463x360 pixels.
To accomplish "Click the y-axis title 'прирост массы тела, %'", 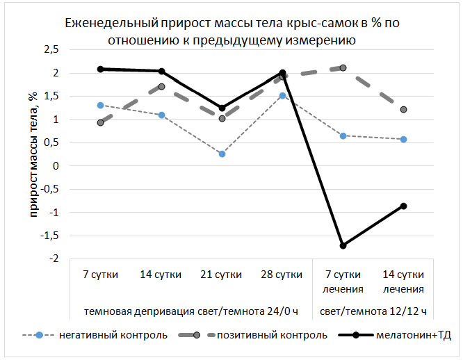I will pyautogui.click(x=32, y=154).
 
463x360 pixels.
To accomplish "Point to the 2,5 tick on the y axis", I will pyautogui.click(x=51, y=50).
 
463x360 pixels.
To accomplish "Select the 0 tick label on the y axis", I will pyautogui.click(x=56, y=166).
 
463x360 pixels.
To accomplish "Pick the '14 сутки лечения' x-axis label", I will pyautogui.click(x=403, y=281).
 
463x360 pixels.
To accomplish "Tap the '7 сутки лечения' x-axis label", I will pyautogui.click(x=343, y=281).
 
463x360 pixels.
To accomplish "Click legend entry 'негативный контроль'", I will pyautogui.click(x=122, y=336).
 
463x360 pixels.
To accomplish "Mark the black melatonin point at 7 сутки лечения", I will pyautogui.click(x=343, y=245).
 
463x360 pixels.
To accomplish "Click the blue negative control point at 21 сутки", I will pyautogui.click(x=222, y=154).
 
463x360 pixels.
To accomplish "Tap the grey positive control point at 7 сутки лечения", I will pyautogui.click(x=343, y=68).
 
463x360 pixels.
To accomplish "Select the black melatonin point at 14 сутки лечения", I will pyautogui.click(x=403, y=206).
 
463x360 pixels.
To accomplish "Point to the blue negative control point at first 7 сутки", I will pyautogui.click(x=101, y=106).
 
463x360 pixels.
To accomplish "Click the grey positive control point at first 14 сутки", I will pyautogui.click(x=161, y=87).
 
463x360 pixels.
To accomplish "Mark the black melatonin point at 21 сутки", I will pyautogui.click(x=222, y=108).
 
